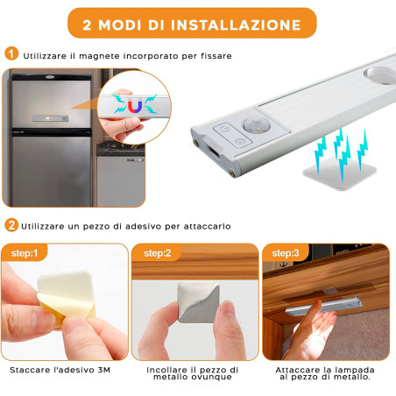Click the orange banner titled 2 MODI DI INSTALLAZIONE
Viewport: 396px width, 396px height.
click(x=198, y=21)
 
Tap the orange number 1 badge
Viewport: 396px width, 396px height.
click(x=11, y=54)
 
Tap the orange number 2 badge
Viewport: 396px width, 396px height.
click(x=11, y=225)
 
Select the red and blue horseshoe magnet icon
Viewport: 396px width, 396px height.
click(x=134, y=105)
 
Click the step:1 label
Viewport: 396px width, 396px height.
click(x=25, y=253)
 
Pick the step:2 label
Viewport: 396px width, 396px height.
click(x=158, y=253)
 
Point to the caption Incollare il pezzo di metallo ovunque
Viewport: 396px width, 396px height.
click(x=194, y=375)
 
